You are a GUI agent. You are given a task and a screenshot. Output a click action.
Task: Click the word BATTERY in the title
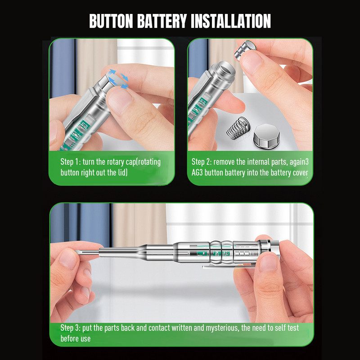(162, 21)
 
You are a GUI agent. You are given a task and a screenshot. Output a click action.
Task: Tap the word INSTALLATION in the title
(231, 21)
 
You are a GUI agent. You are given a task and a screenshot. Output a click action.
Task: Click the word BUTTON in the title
(111, 21)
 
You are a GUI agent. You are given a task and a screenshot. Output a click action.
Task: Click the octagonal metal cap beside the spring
(266, 135)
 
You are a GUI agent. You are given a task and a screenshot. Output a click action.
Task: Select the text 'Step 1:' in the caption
(71, 162)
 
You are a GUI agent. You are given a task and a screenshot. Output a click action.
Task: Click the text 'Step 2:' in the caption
(202, 162)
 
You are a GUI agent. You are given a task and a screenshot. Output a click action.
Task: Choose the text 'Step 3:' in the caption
(70, 328)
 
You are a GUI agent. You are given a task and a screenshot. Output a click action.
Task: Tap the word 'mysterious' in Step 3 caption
(221, 328)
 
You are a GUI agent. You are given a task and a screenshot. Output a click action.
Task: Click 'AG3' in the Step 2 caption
(197, 173)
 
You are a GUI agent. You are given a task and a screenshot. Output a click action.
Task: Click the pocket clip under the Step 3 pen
(229, 267)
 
